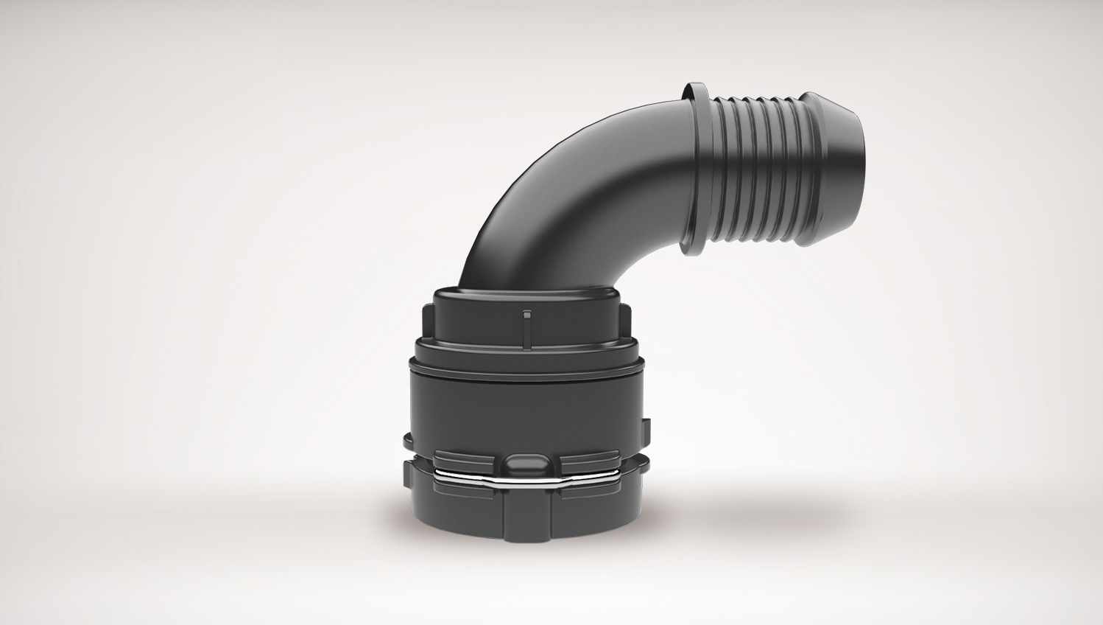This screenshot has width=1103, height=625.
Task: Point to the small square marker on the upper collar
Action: point(525,315)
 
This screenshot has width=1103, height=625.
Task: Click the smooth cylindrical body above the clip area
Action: point(526,405)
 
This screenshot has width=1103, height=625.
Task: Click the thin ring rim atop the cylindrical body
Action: point(526,364)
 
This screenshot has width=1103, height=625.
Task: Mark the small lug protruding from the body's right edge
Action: point(646,428)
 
